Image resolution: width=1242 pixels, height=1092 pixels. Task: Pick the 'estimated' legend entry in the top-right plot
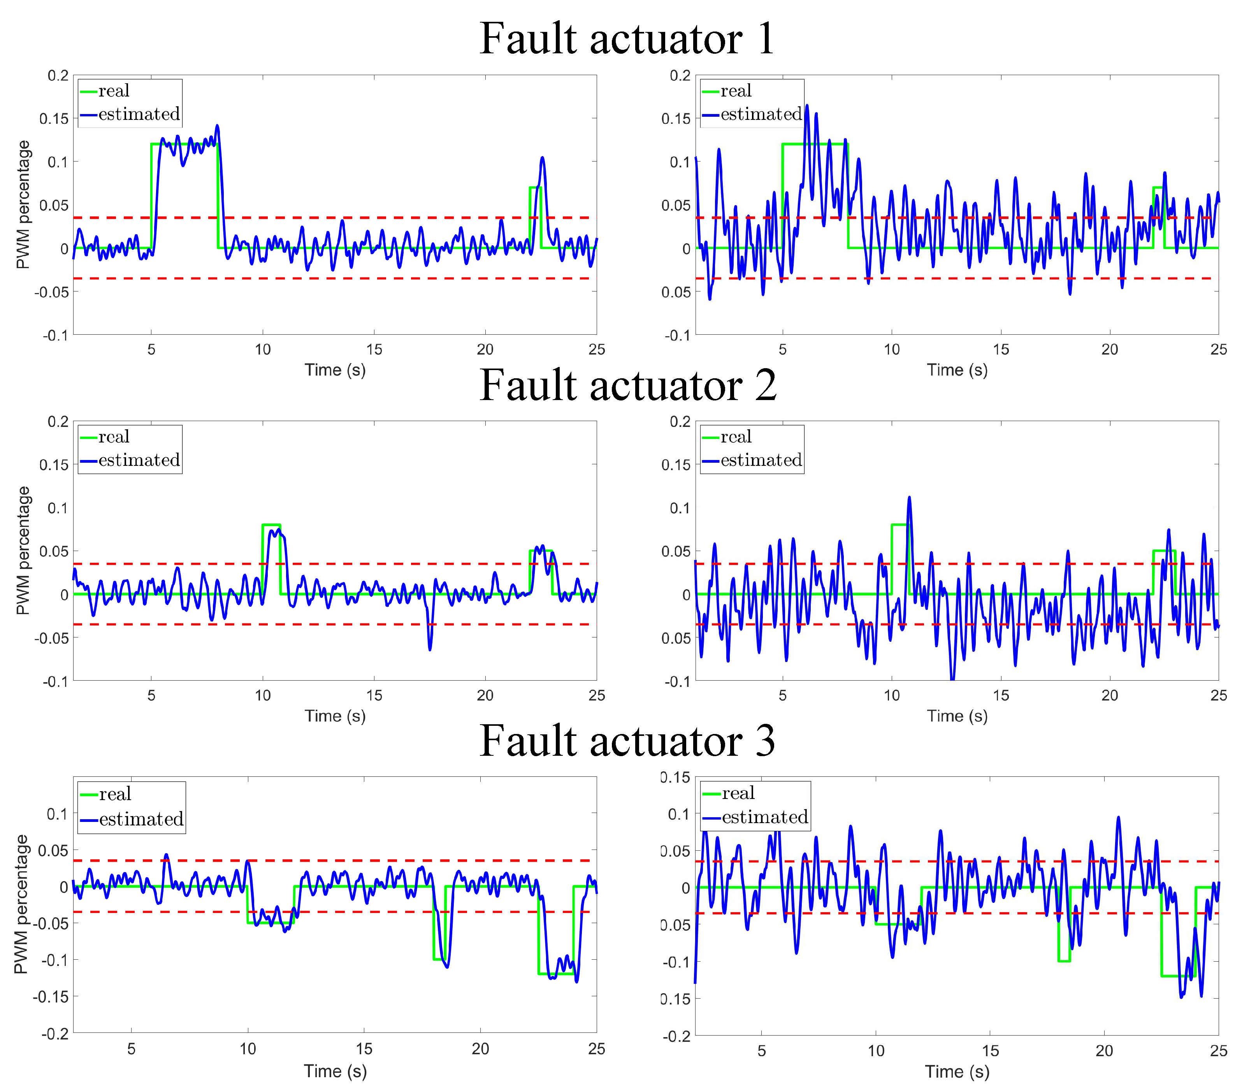point(761,114)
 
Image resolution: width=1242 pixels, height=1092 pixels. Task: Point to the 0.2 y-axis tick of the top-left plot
point(58,75)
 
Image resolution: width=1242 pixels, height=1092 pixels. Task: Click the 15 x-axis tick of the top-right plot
point(1001,349)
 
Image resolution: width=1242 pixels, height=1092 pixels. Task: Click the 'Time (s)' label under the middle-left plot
point(335,716)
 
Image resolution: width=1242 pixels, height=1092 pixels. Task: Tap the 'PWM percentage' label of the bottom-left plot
point(21,904)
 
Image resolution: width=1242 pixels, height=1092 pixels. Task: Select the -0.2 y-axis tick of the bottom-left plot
point(55,1034)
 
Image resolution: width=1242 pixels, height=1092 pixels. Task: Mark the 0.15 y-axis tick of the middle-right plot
point(676,465)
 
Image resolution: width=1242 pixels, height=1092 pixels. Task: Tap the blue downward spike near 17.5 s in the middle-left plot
point(430,650)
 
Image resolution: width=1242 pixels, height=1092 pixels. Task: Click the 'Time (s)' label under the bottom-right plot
point(957,1071)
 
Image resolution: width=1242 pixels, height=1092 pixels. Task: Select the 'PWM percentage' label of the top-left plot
point(23,204)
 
